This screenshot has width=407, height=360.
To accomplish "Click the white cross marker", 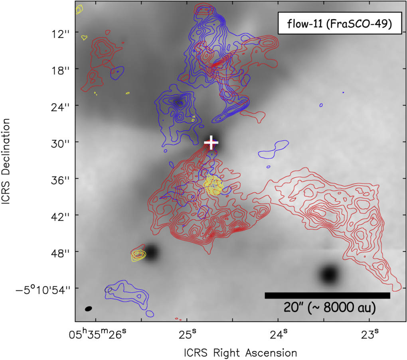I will coord(211,142).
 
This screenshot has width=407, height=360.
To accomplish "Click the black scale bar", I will coord(327,295).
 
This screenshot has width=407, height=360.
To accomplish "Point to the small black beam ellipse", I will coord(89,309).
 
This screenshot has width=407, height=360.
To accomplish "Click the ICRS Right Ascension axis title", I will coord(240,352).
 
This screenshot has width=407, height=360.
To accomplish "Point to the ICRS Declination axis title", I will coord(8,169).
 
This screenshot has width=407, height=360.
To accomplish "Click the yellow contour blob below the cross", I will coord(214,185).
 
